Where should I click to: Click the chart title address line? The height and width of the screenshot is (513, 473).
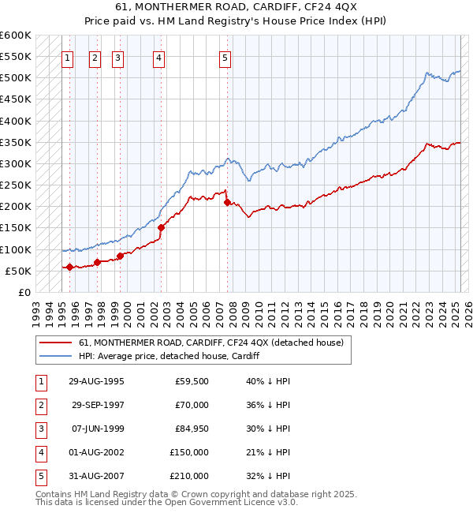(236, 7)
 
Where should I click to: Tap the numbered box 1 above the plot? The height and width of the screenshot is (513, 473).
(68, 57)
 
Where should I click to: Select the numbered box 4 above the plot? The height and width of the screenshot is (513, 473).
(158, 57)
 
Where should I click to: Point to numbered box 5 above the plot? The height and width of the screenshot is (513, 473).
(225, 57)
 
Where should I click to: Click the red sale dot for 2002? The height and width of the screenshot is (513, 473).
(160, 227)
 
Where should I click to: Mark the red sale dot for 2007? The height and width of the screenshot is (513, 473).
(227, 202)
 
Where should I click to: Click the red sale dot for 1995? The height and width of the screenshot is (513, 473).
(69, 267)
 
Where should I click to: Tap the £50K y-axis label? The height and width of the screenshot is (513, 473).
(18, 271)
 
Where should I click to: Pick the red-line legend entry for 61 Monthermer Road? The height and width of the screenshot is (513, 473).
(210, 343)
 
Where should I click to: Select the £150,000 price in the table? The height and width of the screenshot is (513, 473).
(188, 452)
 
